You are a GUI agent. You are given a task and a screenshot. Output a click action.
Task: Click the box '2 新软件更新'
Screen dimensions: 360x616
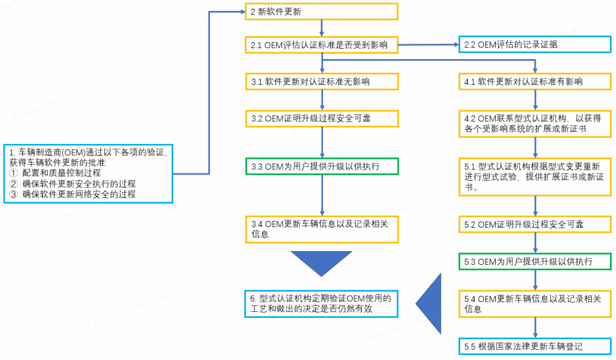pyautogui.click(x=321, y=12)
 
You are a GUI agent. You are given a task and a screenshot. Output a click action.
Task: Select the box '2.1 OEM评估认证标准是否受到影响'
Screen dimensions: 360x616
pyautogui.click(x=321, y=45)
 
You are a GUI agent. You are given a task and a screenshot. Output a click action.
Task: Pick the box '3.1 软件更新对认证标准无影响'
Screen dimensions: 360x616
pyautogui.click(x=321, y=81)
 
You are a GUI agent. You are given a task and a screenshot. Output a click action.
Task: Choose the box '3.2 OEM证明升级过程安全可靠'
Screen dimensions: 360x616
pyautogui.click(x=321, y=118)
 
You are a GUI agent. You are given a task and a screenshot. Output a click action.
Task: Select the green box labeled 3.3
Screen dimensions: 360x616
pyautogui.click(x=321, y=166)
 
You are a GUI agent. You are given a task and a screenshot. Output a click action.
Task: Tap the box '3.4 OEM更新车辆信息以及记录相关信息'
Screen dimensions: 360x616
pyautogui.click(x=321, y=229)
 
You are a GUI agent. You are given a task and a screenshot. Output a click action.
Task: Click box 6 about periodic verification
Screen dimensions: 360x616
pyautogui.click(x=321, y=304)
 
